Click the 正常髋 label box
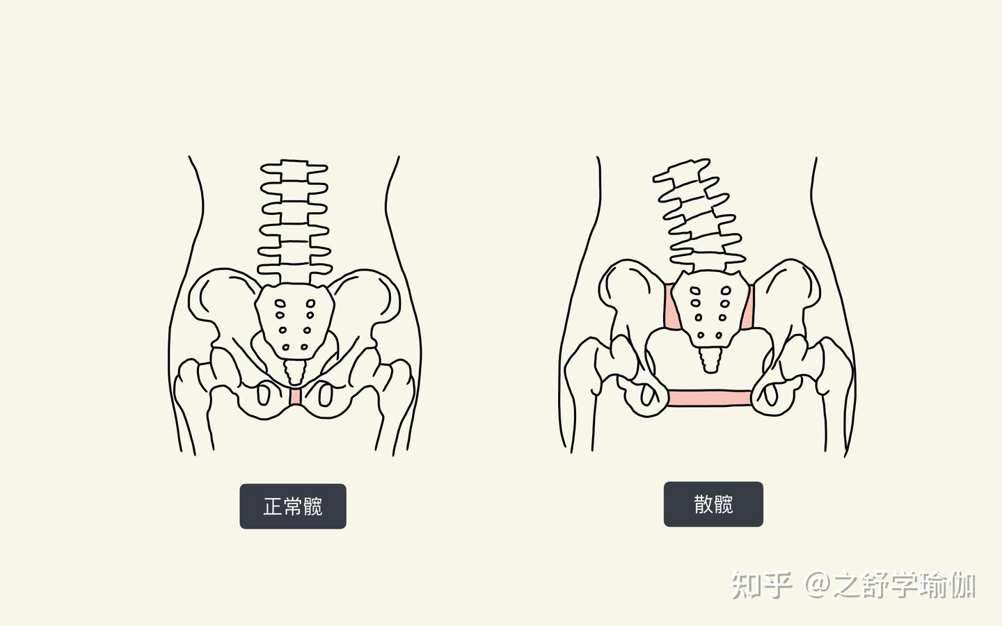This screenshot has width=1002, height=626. pyautogui.click(x=292, y=506)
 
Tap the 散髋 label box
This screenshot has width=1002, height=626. pyautogui.click(x=713, y=504)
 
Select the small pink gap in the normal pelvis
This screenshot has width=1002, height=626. pyautogui.click(x=296, y=396)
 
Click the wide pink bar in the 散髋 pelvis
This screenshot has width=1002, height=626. pyautogui.click(x=709, y=398)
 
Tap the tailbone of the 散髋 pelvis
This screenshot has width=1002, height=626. pyautogui.click(x=711, y=358)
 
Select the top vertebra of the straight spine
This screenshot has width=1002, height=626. pyautogui.click(x=294, y=170)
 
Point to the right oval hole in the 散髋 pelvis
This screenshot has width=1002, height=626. pyautogui.click(x=771, y=396)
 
